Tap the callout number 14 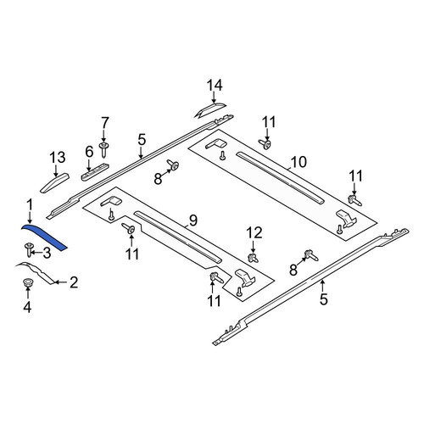215,86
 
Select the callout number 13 58,158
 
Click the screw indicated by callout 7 104,150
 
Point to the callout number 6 89,152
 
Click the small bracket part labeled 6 95,172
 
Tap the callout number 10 298,162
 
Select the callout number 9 193,220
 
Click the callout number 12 254,233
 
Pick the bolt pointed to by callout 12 253,258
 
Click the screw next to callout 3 29,249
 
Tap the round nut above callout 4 27,282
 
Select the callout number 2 74,282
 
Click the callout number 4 27,307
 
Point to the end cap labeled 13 54,182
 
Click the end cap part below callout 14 210,110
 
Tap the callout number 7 104,123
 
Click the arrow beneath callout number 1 30,217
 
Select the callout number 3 47,253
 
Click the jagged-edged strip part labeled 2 36,272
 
